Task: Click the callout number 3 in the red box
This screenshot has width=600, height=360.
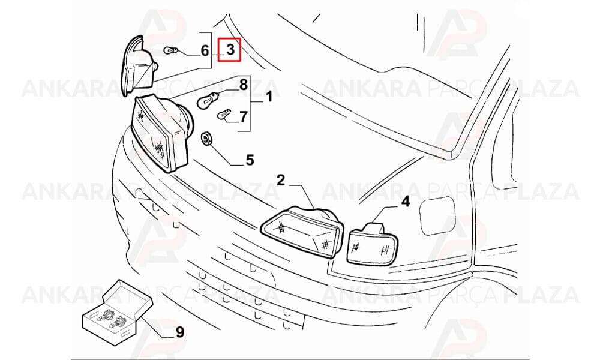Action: pyautogui.click(x=230, y=49)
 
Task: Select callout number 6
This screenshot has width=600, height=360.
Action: pyautogui.click(x=205, y=50)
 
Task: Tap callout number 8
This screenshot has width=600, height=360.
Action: pyautogui.click(x=244, y=85)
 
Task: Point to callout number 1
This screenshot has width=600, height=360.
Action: pyautogui.click(x=269, y=97)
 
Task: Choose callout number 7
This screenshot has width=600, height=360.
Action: pyautogui.click(x=244, y=116)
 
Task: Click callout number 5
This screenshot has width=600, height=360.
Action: pyautogui.click(x=250, y=160)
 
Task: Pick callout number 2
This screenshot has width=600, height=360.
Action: pyautogui.click(x=281, y=180)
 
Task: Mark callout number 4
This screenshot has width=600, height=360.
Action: pyautogui.click(x=405, y=201)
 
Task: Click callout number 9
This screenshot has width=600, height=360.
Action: pyautogui.click(x=180, y=332)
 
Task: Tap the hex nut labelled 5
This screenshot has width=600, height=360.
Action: pyautogui.click(x=206, y=139)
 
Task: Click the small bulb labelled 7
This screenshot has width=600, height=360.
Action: pyautogui.click(x=223, y=115)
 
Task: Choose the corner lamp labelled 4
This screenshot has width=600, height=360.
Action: pyautogui.click(x=371, y=244)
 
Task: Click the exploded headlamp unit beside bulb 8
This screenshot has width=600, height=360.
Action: pyautogui.click(x=162, y=133)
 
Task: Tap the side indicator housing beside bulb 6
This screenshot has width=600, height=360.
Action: pyautogui.click(x=139, y=66)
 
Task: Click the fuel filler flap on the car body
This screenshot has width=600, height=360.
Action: pyautogui.click(x=437, y=215)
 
